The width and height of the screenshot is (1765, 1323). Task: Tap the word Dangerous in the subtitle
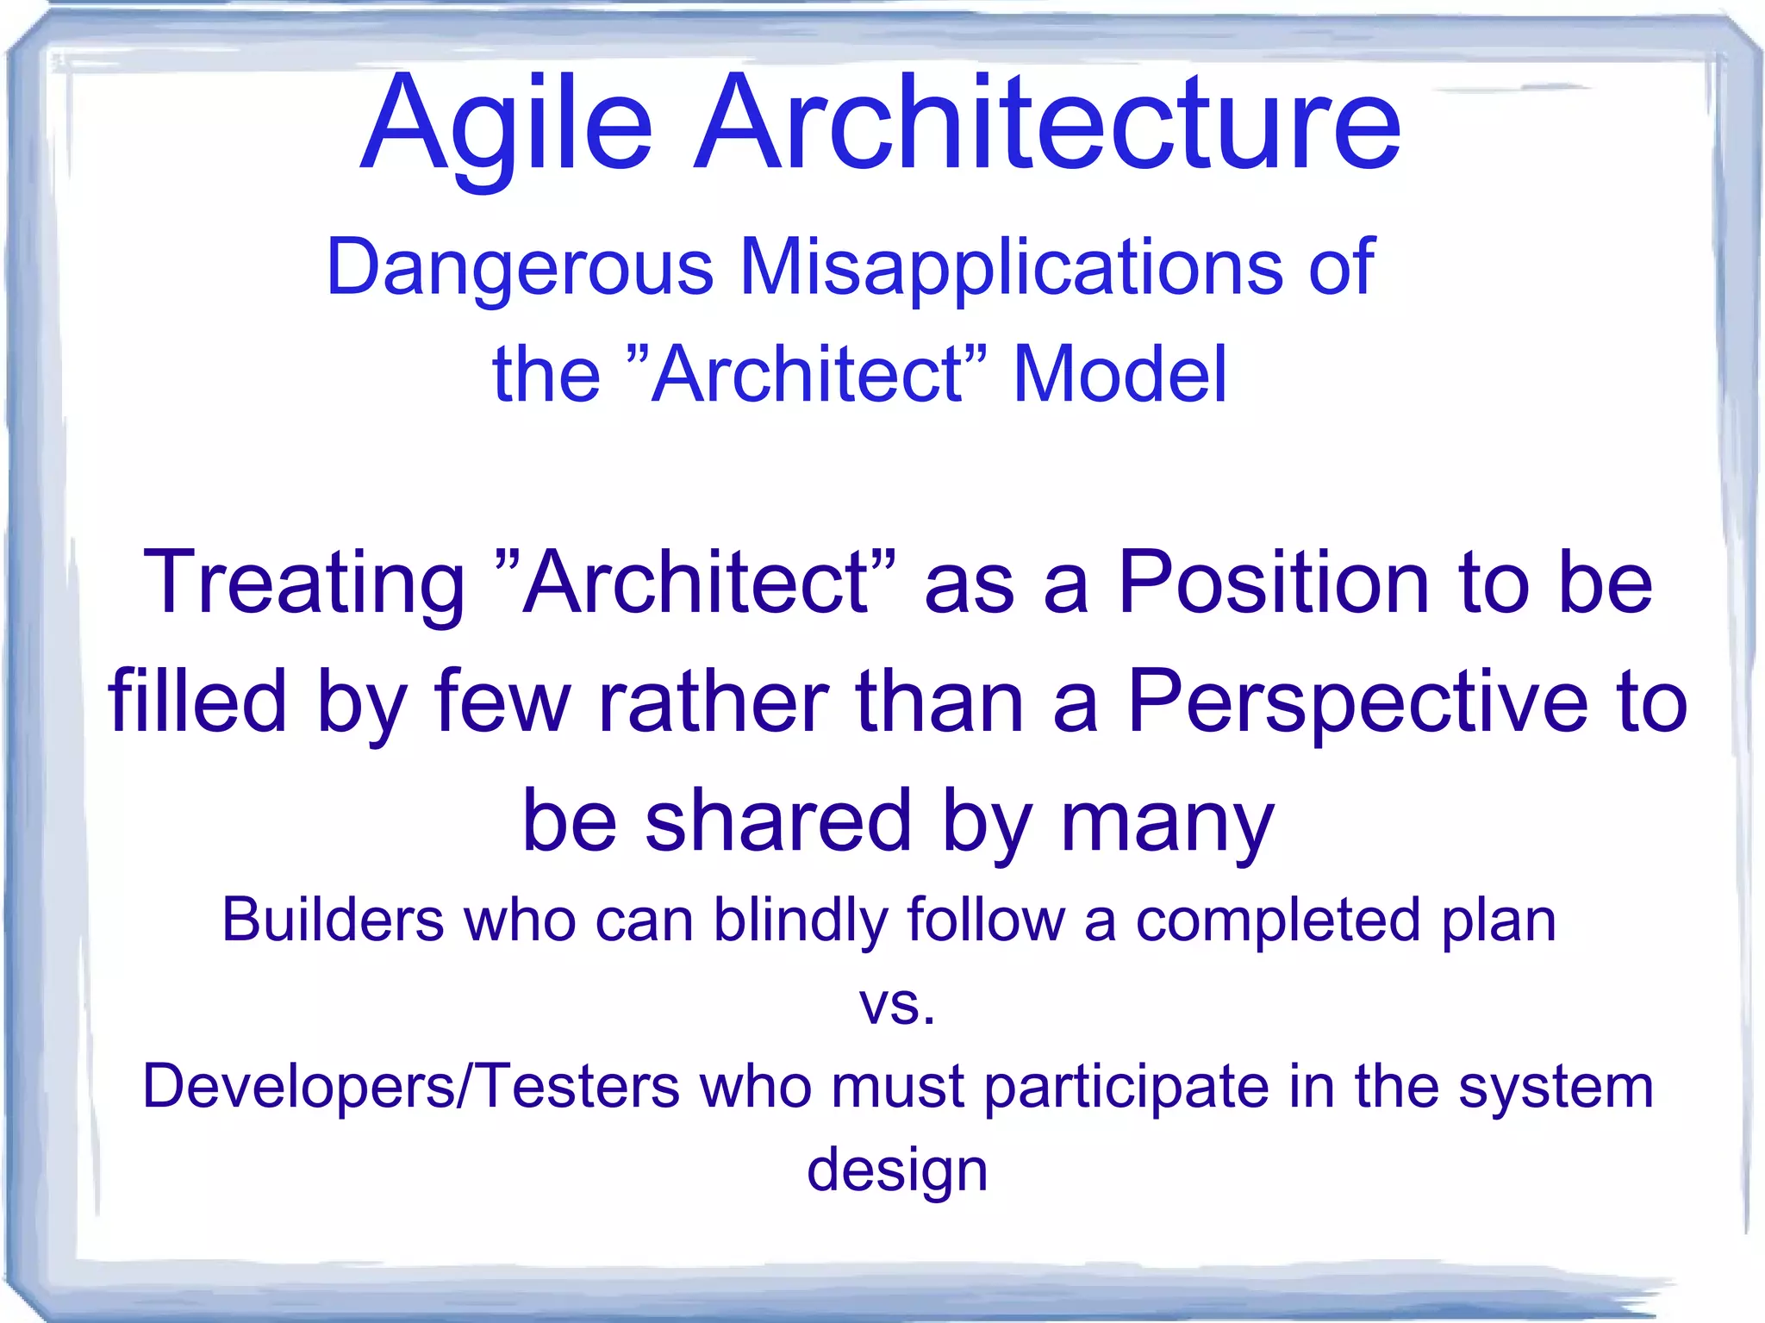520,267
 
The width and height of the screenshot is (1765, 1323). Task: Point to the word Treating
304,584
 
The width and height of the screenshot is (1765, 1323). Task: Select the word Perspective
1357,702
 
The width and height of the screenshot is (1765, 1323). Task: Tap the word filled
197,702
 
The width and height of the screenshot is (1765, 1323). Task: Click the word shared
778,820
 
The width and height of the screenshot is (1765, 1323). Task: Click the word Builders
332,920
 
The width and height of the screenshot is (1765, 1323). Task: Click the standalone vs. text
896,1006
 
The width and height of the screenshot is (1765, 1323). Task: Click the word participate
1126,1088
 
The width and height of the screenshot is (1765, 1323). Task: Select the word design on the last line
896,1171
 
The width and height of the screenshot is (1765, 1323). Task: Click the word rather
712,702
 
